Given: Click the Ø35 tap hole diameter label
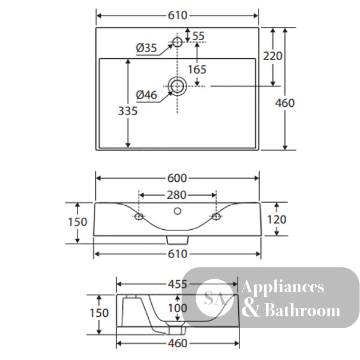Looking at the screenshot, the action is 146,48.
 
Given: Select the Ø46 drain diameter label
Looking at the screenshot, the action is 147,95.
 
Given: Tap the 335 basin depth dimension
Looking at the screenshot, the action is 128,111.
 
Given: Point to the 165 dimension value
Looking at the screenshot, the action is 197,69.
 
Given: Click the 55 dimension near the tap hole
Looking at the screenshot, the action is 198,36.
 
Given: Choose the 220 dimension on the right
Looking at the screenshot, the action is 273,56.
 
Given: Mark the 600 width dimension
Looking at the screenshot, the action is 177,178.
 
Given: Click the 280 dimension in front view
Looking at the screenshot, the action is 176,195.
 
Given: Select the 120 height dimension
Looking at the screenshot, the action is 277,220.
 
